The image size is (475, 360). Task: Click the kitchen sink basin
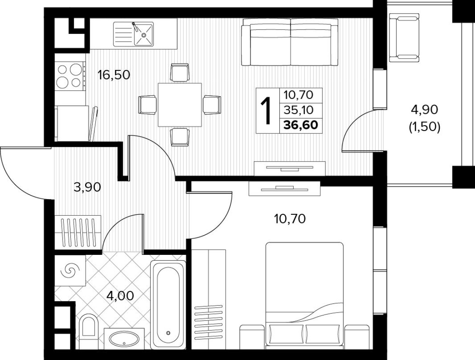point(143,34)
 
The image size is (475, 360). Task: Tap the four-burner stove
point(70,76)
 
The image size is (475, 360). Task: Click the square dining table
point(180,105)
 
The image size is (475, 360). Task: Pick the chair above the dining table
point(180,72)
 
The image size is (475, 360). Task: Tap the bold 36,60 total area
point(301,125)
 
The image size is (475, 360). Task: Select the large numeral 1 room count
point(267,111)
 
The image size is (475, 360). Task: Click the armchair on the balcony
point(404,37)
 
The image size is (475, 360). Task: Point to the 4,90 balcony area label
point(424,109)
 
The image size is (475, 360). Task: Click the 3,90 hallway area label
point(87,187)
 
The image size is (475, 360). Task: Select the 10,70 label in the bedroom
point(289,219)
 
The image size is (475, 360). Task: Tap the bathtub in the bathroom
point(168,304)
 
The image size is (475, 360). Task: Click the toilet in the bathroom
point(88,329)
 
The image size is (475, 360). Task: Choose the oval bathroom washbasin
point(124,339)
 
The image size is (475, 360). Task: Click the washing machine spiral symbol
point(69,270)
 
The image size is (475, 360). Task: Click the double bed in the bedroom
point(304,295)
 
